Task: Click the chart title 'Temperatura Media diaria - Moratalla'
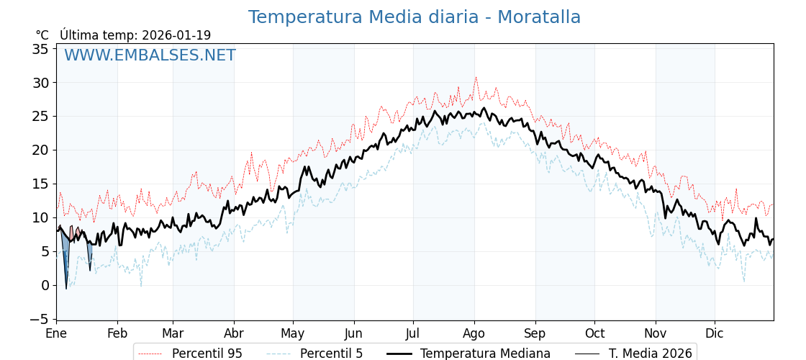click(414, 17)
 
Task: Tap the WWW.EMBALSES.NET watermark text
click(150, 55)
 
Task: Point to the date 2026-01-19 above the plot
click(176, 35)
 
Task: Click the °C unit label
click(42, 35)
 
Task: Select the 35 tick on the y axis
click(40, 49)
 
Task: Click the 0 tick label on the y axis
click(45, 285)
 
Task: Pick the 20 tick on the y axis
click(40, 150)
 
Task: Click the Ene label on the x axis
click(56, 334)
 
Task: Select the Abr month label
click(234, 334)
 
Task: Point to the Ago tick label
click(474, 334)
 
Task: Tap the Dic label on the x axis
click(715, 334)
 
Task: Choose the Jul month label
click(413, 334)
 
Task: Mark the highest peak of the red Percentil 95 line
click(476, 78)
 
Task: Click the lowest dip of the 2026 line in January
click(66, 289)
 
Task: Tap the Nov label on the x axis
click(656, 334)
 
